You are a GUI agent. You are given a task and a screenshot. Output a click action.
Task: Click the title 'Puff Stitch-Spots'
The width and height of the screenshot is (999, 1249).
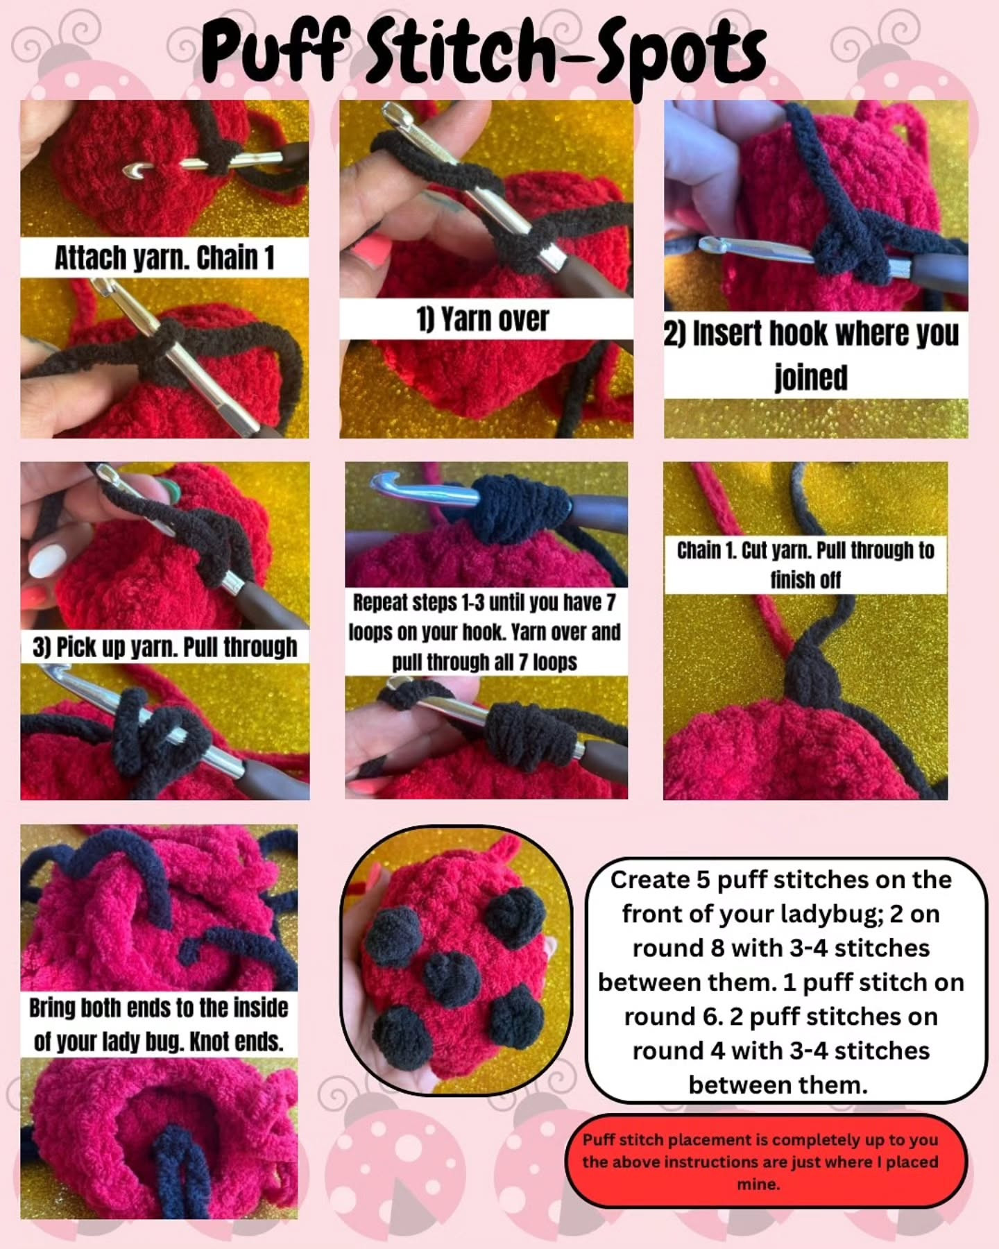tap(484, 50)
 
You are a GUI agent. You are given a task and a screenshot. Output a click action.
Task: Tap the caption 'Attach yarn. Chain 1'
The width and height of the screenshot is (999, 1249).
tap(164, 257)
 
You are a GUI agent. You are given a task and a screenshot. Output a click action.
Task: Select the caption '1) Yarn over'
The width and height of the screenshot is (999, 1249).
tap(483, 319)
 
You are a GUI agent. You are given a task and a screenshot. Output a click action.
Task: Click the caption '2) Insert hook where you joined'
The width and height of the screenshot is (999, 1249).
tap(812, 355)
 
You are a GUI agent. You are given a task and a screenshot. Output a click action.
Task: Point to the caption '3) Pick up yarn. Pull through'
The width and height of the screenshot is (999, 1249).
tap(165, 647)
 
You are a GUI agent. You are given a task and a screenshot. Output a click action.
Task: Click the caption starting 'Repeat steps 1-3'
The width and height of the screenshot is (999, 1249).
tap(484, 631)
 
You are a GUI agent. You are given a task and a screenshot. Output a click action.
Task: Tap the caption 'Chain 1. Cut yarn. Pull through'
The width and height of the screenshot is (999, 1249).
tap(805, 564)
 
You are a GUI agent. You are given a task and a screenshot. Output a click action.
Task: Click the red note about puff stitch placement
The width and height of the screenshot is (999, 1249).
tap(760, 1162)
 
